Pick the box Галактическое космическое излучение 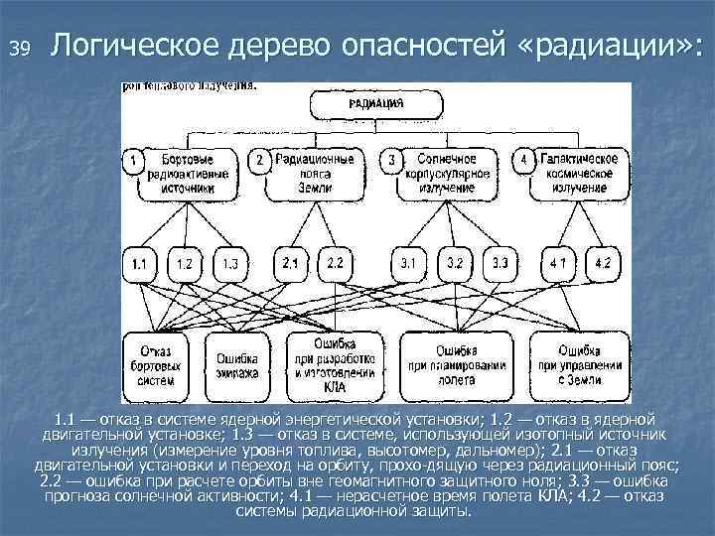tap(578, 173)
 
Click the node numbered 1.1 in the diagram tap(140, 264)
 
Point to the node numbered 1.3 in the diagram tap(229, 264)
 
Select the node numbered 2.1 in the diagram tap(291, 264)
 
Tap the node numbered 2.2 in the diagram tap(336, 264)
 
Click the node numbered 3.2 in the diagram tap(456, 264)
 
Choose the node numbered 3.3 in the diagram tap(500, 264)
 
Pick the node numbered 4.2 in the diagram tap(603, 264)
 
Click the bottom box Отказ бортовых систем tap(158, 365)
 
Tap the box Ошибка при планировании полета tap(456, 365)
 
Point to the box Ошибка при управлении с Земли tap(578, 365)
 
